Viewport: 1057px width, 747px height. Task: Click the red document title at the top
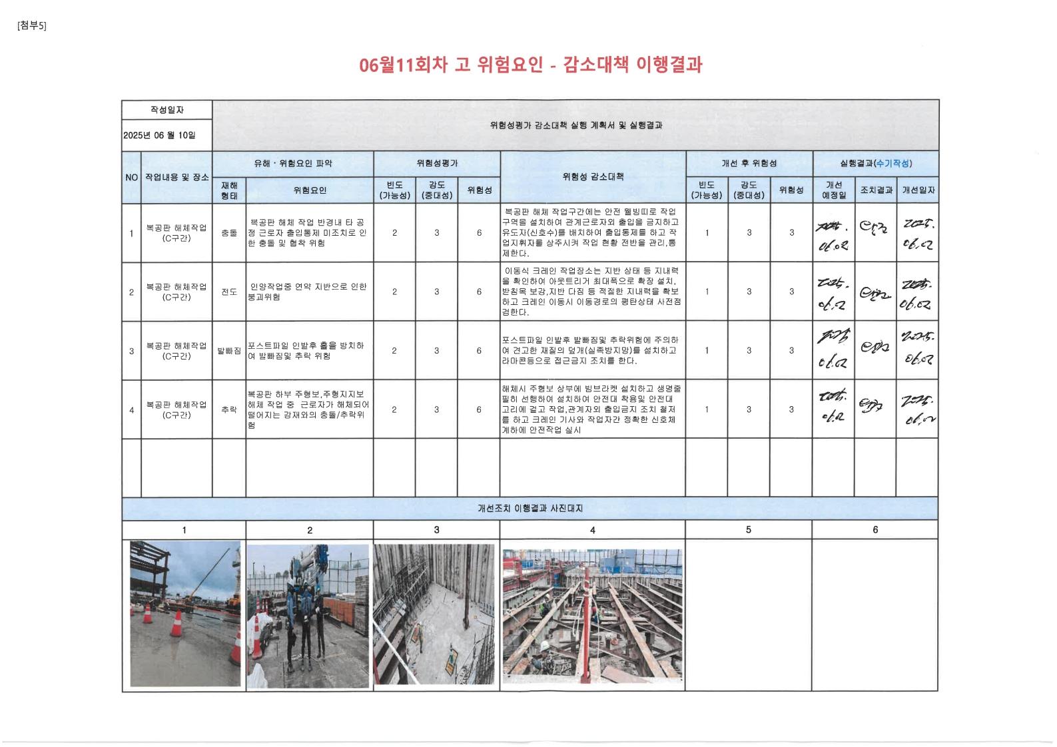pos(530,65)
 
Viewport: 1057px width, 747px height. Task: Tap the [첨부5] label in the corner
pos(32,26)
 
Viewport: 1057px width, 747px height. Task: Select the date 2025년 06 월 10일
pos(159,135)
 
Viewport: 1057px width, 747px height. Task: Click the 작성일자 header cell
pos(167,110)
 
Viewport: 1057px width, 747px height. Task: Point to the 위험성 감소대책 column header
pos(593,177)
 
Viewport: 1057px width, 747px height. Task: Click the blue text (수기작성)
pos(893,164)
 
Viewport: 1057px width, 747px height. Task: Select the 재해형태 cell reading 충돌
pos(229,233)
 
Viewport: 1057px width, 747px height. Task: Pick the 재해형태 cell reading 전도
pos(229,292)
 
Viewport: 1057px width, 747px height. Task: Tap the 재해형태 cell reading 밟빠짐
pos(229,350)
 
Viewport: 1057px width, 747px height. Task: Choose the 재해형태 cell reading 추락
pos(229,409)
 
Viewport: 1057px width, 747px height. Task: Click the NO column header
pos(131,178)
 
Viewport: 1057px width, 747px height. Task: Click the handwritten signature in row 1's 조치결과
pos(874,231)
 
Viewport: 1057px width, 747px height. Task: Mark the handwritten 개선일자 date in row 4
pos(916,409)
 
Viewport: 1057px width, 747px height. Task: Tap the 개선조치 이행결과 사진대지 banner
pos(530,508)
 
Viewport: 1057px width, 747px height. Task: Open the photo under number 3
pos(434,614)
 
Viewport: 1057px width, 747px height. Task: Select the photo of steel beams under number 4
pos(592,612)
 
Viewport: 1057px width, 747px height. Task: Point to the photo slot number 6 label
pos(875,530)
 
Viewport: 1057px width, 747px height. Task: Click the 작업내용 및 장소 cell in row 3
pos(176,351)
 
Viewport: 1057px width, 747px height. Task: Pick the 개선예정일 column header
pos(833,190)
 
